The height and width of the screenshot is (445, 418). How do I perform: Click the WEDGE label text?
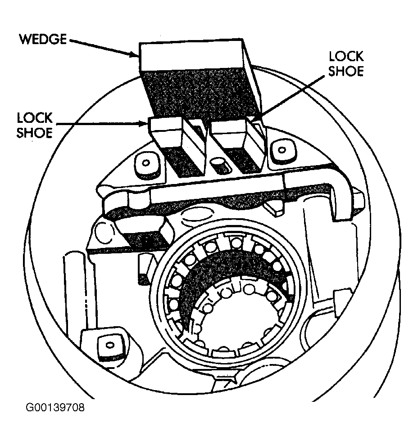click(x=43, y=39)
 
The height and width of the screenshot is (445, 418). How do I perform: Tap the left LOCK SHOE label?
click(x=35, y=125)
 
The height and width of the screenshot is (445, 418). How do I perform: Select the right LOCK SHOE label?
click(x=346, y=63)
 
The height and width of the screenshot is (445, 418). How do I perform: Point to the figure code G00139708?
click(x=55, y=408)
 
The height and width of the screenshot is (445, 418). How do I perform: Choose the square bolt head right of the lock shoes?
click(x=282, y=150)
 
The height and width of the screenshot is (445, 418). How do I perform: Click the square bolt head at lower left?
click(x=110, y=346)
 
